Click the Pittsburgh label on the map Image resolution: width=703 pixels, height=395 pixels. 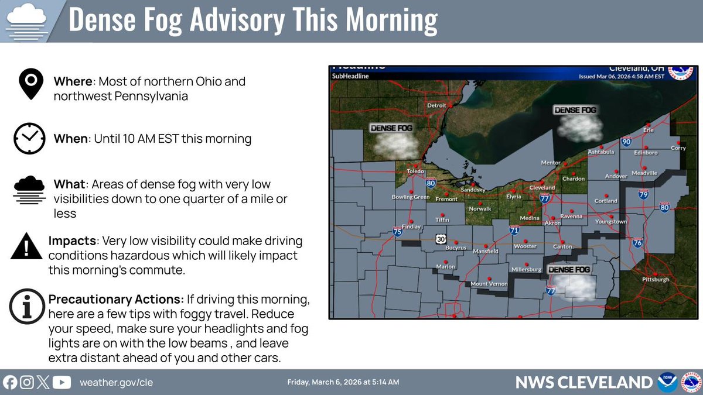click(656, 280)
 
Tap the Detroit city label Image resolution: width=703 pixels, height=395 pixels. click(433, 105)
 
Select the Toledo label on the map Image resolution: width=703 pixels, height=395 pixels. click(415, 171)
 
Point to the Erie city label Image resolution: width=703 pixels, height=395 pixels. click(648, 130)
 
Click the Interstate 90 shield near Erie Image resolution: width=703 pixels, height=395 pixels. click(627, 142)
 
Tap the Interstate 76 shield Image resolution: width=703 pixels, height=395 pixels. click(638, 243)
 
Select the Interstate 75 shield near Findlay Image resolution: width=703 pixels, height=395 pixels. click(398, 232)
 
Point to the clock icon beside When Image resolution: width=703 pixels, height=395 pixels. click(29, 139)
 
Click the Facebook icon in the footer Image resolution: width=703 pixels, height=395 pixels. click(10, 383)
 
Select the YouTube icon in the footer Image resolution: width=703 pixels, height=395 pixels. click(62, 383)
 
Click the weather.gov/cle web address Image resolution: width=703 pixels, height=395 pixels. click(116, 383)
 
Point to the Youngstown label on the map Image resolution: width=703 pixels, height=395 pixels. click(611, 222)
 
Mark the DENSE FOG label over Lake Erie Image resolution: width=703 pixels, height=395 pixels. click(576, 110)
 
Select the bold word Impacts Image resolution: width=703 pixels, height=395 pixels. click(72, 241)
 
